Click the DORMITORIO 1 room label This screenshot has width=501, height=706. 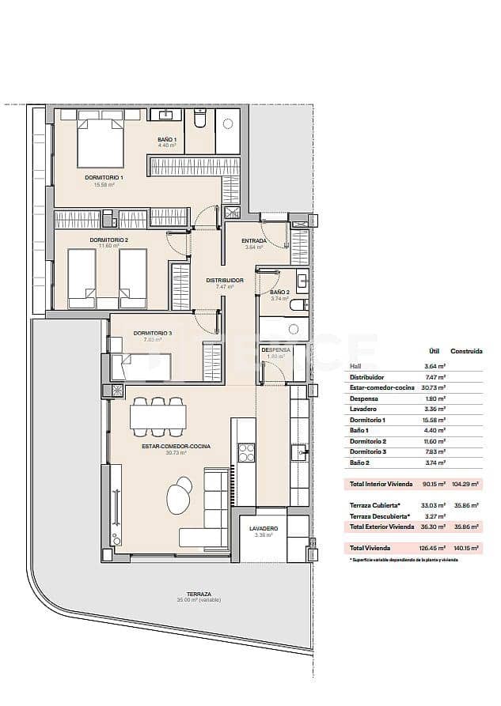point(104,178)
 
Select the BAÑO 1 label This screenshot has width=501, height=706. point(166,139)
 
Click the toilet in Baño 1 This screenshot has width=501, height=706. point(199,119)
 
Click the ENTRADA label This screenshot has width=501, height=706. point(254,241)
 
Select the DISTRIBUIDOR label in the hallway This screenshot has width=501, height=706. point(225,281)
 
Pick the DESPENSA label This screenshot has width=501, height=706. point(275,349)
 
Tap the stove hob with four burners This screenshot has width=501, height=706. point(246,452)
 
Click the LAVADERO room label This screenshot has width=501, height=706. point(262,528)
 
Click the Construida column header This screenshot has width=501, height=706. point(466,351)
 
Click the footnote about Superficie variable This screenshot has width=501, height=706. point(404,560)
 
